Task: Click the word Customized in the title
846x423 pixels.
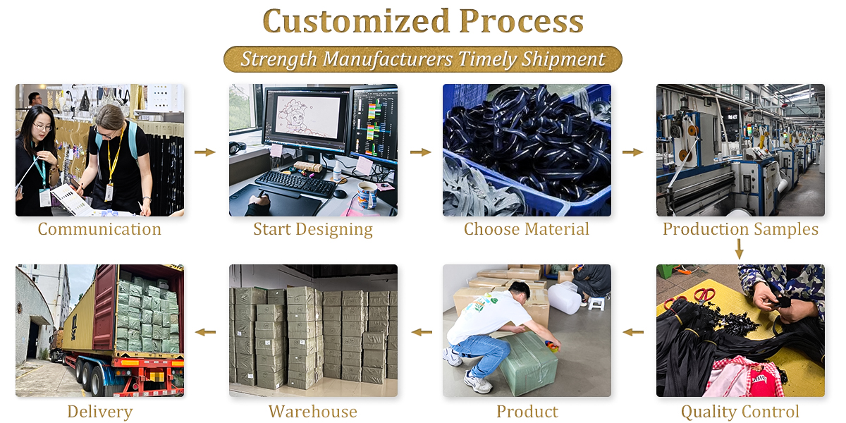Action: [356, 21]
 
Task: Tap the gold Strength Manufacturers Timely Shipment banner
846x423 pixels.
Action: [422, 59]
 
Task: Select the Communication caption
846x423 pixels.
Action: [99, 229]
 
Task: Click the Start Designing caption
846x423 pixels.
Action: [313, 230]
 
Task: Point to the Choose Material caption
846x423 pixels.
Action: [527, 229]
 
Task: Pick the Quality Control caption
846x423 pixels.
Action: [740, 412]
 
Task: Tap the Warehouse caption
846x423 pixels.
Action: [313, 412]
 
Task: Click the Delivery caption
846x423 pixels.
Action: [99, 412]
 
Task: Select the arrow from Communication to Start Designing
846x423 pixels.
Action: [205, 152]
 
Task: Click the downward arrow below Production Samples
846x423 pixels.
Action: [740, 250]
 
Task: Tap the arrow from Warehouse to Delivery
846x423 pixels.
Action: [205, 332]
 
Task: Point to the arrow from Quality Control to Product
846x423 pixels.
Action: [633, 332]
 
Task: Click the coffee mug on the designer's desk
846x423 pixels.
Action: [367, 195]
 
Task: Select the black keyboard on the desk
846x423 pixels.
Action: [295, 183]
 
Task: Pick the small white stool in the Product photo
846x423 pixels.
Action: [596, 304]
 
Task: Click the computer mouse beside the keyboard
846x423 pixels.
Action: [340, 194]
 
